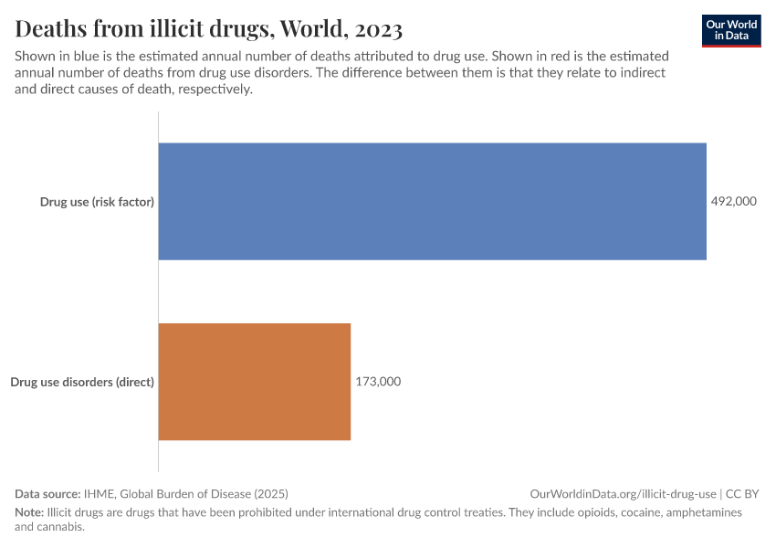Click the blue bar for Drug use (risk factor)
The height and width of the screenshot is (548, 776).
coord(432,201)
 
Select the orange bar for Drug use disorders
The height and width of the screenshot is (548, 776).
coord(255,382)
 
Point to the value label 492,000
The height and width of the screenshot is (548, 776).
coord(734,201)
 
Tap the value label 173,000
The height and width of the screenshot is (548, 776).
coord(378,382)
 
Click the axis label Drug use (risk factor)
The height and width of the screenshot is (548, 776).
coord(97,201)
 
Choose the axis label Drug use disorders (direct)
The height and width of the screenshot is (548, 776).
coord(82,382)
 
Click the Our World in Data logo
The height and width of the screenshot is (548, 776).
coord(730,30)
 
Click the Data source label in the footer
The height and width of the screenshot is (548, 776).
coord(47,493)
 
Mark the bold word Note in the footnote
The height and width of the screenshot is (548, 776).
coord(29,512)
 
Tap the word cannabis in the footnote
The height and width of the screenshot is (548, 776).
coord(60,527)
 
